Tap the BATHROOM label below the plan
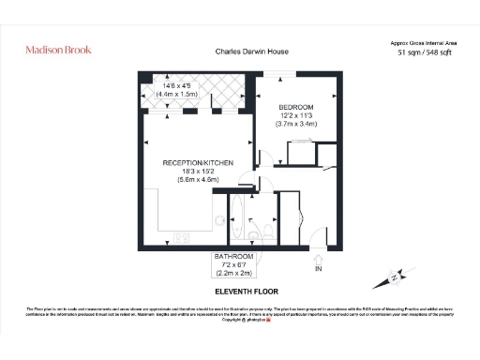tap(234, 256)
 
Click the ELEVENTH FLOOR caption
tap(235, 290)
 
